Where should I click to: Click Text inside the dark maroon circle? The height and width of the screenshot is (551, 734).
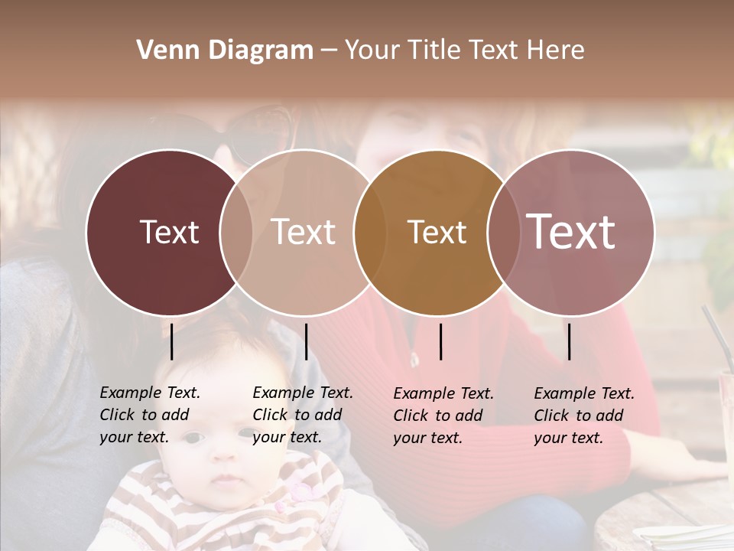pyautogui.click(x=169, y=232)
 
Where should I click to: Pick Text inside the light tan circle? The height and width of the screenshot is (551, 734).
pyautogui.click(x=304, y=232)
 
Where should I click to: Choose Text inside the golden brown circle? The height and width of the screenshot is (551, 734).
pyautogui.click(x=437, y=232)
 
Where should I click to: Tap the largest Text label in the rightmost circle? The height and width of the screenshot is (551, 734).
pyautogui.click(x=571, y=231)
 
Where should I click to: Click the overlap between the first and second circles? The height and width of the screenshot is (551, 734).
pyautogui.click(x=235, y=232)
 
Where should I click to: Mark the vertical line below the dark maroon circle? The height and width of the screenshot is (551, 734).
pyautogui.click(x=172, y=341)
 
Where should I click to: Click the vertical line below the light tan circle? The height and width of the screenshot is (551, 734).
pyautogui.click(x=306, y=341)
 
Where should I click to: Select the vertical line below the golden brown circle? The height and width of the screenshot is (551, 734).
pyautogui.click(x=441, y=341)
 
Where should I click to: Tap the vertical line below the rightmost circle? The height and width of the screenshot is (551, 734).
pyautogui.click(x=570, y=341)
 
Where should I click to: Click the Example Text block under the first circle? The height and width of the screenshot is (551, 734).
pyautogui.click(x=149, y=415)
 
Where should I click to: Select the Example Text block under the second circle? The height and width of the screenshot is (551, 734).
pyautogui.click(x=302, y=415)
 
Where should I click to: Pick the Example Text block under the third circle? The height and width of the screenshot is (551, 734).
pyautogui.click(x=443, y=416)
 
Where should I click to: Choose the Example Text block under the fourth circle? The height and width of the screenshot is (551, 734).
pyautogui.click(x=583, y=416)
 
